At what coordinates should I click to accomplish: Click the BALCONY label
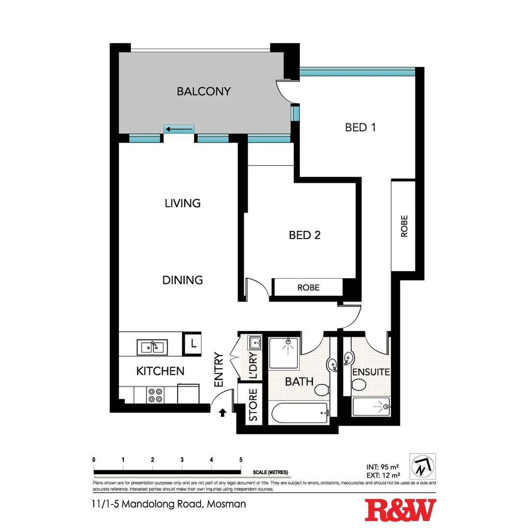(203, 91)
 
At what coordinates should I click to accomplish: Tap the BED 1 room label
(360, 127)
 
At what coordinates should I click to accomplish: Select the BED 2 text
(304, 235)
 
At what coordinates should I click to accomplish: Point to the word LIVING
(182, 203)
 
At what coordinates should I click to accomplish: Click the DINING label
(182, 280)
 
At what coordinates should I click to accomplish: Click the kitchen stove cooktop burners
(155, 395)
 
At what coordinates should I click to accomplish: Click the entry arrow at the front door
(223, 413)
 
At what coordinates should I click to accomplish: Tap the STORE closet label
(253, 405)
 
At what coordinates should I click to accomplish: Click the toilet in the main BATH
(322, 390)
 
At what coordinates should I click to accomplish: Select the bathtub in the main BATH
(298, 413)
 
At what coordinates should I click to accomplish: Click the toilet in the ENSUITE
(359, 385)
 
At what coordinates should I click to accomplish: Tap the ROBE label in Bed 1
(404, 226)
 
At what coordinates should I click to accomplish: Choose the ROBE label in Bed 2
(308, 288)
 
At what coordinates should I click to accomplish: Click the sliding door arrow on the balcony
(179, 129)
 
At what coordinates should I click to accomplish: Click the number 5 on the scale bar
(240, 459)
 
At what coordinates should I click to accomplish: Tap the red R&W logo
(400, 510)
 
